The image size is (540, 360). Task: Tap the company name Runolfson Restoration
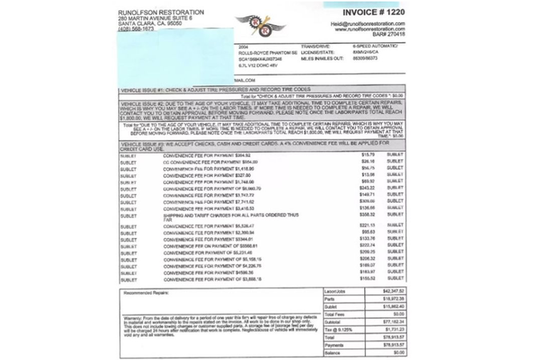pos(161,12)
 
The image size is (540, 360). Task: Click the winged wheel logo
pos(261,26)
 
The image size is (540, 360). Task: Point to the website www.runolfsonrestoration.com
pos(370,29)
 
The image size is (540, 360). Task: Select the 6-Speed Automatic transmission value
pos(375,46)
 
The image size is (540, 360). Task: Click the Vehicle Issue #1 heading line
pos(216,90)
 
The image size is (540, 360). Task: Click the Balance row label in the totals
pos(331,353)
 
